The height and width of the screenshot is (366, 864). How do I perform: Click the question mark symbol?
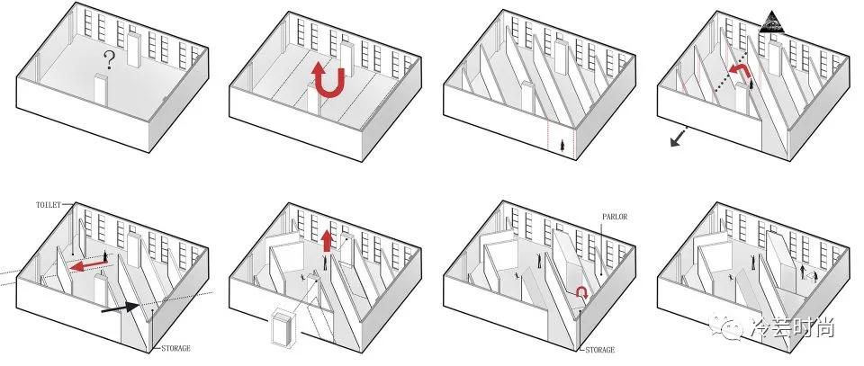click(109, 59)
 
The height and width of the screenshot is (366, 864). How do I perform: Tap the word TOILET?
click(49, 205)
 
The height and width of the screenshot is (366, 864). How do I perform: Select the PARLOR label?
click(615, 217)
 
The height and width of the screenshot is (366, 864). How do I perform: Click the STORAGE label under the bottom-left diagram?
click(175, 348)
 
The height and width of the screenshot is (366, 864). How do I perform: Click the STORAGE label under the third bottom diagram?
click(599, 350)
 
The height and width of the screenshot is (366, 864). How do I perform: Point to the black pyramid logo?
click(769, 22)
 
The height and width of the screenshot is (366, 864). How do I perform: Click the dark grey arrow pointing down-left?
click(679, 138)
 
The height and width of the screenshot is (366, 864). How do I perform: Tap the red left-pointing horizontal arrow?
click(89, 266)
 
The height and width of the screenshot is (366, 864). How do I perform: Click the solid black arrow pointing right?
click(120, 308)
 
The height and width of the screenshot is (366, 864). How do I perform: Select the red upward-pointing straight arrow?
click(326, 240)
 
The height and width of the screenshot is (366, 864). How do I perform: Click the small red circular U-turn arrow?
click(582, 292)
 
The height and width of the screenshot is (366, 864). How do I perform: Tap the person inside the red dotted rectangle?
click(562, 145)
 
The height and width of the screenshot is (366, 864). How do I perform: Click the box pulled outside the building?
click(282, 327)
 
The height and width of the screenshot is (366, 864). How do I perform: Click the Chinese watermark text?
click(792, 328)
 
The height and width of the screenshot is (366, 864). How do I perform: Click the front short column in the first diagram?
click(100, 89)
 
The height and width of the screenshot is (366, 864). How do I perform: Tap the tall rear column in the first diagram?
click(134, 49)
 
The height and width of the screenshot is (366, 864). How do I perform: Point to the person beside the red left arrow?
click(105, 256)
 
